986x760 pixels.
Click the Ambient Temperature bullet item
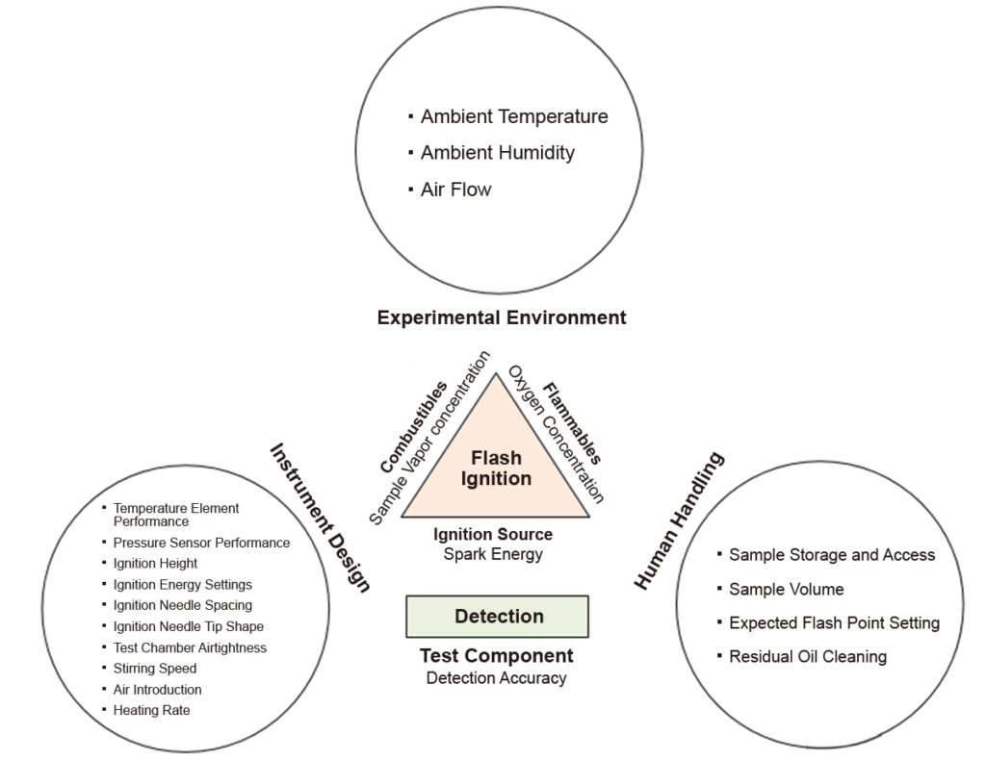click(x=513, y=116)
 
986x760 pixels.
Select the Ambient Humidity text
click(x=497, y=153)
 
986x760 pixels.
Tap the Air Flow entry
click(x=455, y=190)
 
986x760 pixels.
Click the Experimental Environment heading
click(x=501, y=317)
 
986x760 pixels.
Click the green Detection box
click(x=497, y=617)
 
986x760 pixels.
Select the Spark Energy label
click(x=494, y=554)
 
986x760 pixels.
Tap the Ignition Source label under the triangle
click(x=493, y=534)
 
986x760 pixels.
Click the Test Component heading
click(x=496, y=656)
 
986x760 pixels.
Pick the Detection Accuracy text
click(x=496, y=678)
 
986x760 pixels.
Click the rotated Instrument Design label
click(x=320, y=517)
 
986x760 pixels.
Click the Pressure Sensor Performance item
click(x=200, y=543)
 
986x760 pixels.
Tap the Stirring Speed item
click(x=154, y=669)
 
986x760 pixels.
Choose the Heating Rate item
click(x=151, y=711)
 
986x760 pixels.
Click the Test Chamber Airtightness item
click(x=190, y=647)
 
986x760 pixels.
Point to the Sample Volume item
click(x=786, y=589)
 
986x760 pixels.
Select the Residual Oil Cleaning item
click(x=807, y=657)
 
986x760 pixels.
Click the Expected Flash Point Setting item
click(x=834, y=623)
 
